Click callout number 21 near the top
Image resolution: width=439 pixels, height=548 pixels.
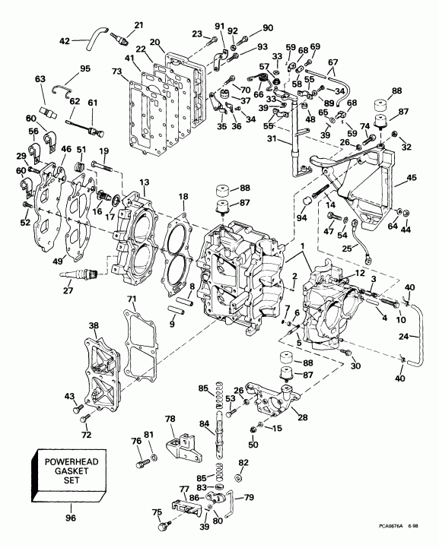coord(138,26)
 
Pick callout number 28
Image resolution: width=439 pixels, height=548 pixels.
coord(304,417)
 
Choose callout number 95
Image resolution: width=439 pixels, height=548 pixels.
coord(85,69)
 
